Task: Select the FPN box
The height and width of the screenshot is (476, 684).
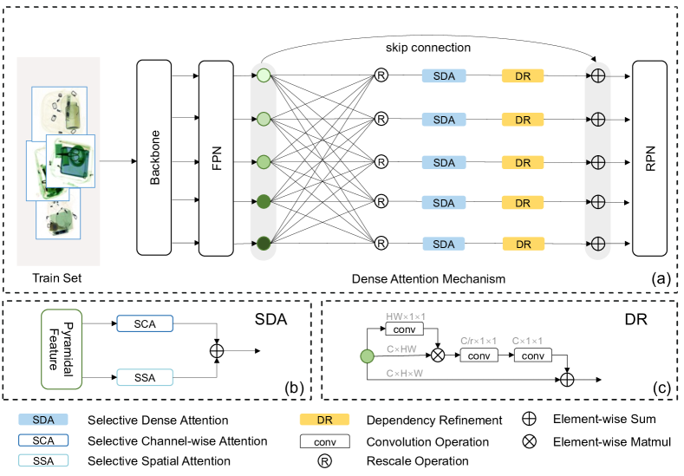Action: click(217, 159)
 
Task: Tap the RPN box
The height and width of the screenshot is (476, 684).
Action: click(650, 159)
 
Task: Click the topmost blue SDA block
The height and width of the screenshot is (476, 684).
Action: click(443, 76)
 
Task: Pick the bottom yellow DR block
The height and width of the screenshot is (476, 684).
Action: click(523, 245)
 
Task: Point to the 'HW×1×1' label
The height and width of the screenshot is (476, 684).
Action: click(405, 316)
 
